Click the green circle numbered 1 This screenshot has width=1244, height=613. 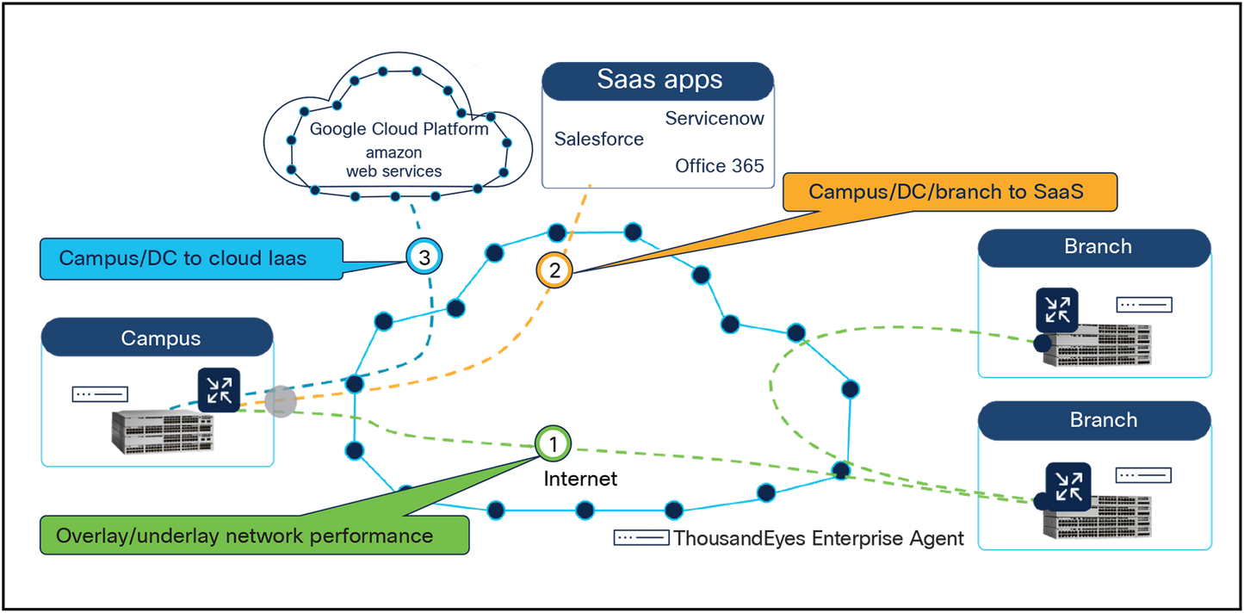point(553,443)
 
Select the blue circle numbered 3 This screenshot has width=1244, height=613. point(424,256)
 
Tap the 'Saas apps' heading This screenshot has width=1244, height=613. point(659,80)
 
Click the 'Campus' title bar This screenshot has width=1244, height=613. point(160,338)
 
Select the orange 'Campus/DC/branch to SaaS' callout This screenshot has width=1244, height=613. point(950,192)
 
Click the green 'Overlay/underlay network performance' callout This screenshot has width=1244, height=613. point(254,536)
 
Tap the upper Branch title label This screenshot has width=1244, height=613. point(1097,246)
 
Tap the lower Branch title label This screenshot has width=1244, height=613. point(1103,420)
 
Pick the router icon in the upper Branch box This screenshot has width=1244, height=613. point(1056,309)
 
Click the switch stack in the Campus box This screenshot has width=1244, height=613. point(163,432)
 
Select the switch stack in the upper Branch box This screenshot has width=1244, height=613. point(1098,345)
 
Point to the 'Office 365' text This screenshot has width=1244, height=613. point(720,165)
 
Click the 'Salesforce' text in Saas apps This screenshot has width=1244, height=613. point(598,139)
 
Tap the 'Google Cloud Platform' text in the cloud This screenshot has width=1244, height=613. point(399,130)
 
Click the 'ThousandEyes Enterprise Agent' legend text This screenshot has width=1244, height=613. point(818,539)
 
